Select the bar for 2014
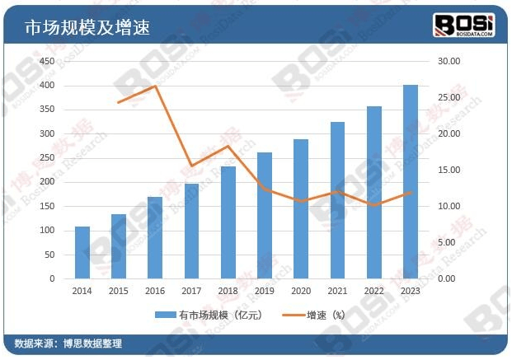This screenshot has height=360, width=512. (82, 252)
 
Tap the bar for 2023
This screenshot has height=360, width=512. (410, 182)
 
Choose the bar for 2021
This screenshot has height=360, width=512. (337, 200)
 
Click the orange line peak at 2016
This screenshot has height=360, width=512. (155, 86)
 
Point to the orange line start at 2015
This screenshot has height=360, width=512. (119, 102)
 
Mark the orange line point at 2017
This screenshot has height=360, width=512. (191, 166)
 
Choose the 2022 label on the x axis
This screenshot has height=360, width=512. (373, 291)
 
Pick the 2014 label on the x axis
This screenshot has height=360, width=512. (82, 291)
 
